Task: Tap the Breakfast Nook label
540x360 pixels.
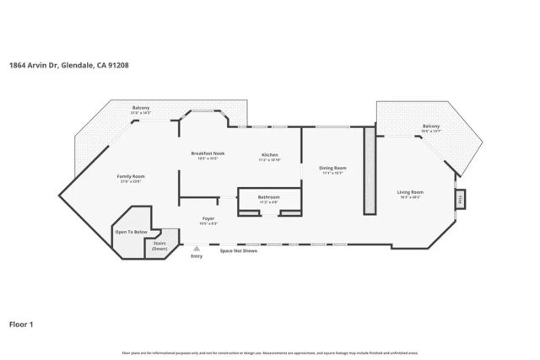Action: coord(208,153)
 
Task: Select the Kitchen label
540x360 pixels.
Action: coord(270,155)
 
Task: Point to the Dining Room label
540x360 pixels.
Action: coord(332,168)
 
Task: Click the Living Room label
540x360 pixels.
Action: coord(410,192)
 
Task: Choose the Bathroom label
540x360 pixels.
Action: coord(268,197)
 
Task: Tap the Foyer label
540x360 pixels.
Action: coord(208,219)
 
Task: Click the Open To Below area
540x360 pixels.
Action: coord(131,233)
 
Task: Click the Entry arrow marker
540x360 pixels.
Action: coord(197,249)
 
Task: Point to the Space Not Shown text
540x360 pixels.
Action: coord(238,251)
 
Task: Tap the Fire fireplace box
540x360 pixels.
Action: coord(460,200)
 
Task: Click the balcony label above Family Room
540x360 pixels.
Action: coord(141,108)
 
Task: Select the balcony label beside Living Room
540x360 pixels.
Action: coord(430,127)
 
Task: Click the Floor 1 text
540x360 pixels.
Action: coord(21,324)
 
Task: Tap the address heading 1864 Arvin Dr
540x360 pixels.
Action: coord(69,65)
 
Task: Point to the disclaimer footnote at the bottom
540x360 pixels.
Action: coord(270,352)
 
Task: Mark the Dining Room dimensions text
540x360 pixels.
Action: coord(332,173)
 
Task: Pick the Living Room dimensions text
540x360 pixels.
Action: coord(410,197)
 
